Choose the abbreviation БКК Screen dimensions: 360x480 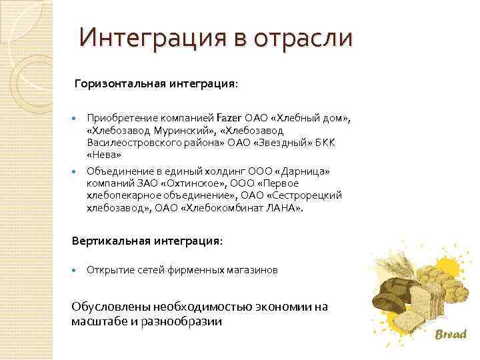tap(329, 143)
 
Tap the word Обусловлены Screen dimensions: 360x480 tap(110, 307)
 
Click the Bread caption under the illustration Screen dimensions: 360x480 tap(451, 334)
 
